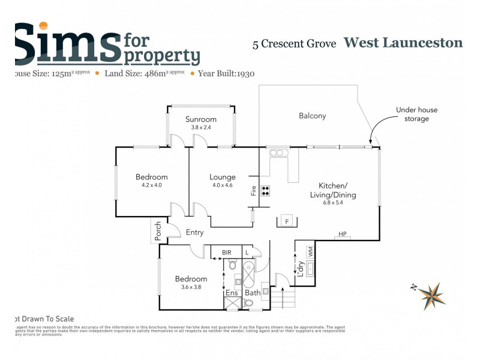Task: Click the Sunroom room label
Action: pos(200,119)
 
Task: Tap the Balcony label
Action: pos(312,116)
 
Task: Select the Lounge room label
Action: pos(222,177)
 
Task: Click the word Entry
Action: pos(194,232)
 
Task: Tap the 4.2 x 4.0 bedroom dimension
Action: pos(151,185)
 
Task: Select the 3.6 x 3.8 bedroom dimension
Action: pos(191,287)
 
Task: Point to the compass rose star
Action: pos(432,295)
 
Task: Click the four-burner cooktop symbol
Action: pos(265,191)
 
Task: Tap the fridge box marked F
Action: pos(287,221)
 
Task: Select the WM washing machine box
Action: pos(311,252)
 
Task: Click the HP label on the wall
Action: pos(343,234)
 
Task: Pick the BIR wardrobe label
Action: pos(226,253)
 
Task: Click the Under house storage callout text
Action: pos(412,114)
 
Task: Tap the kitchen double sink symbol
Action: pos(277,153)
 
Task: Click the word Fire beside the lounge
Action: pos(254,191)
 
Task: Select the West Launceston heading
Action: pos(403,43)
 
